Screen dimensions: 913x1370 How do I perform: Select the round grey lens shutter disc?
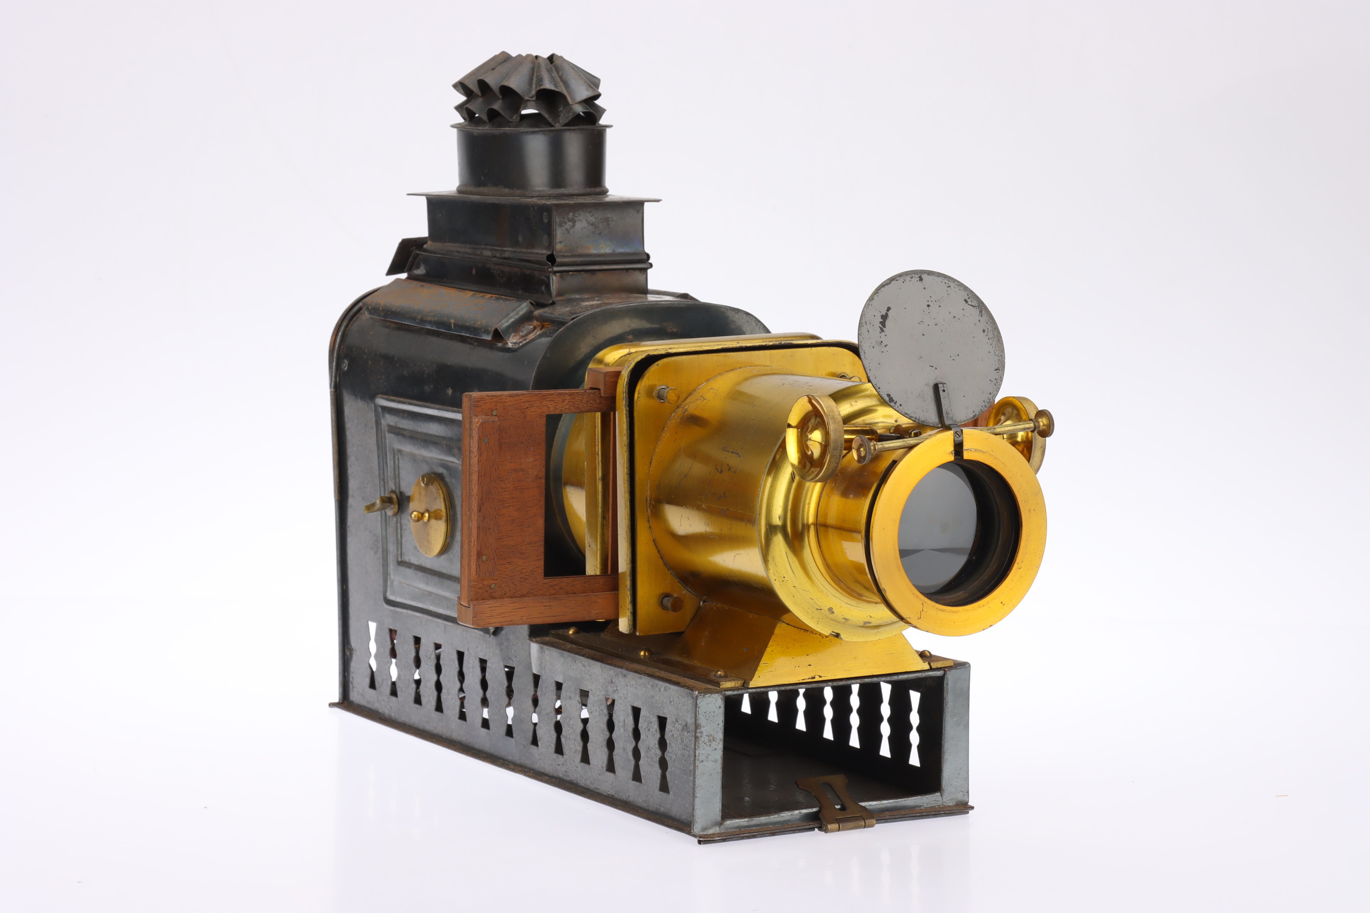click(x=931, y=347)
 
